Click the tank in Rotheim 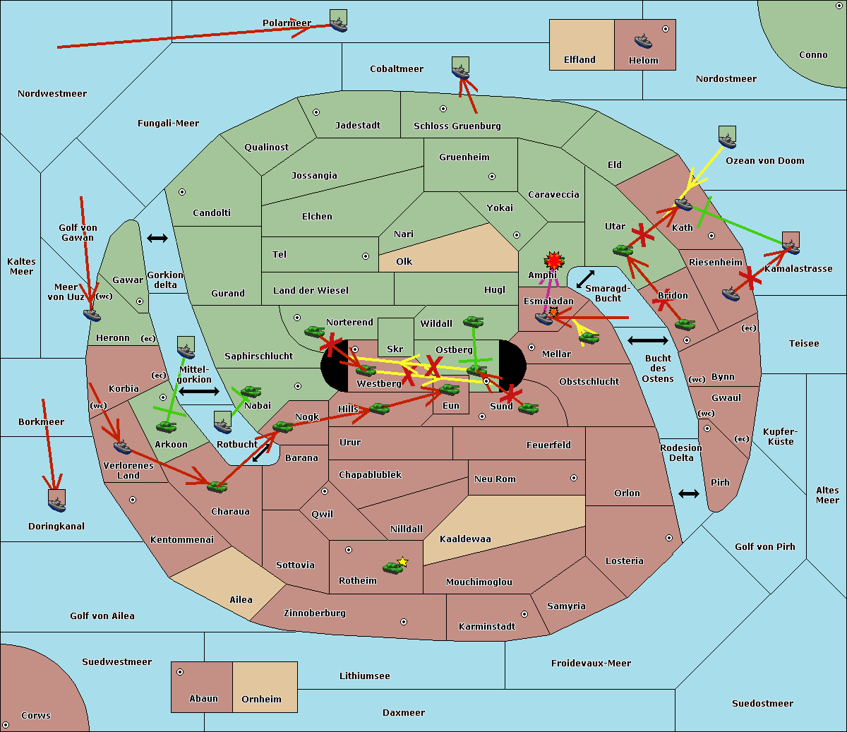(392, 568)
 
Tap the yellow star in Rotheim (403, 561)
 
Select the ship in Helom (643, 42)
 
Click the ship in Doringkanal (57, 504)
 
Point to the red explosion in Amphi (553, 260)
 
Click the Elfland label (579, 60)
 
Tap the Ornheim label (261, 699)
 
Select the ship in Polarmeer (339, 25)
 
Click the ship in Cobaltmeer (461, 72)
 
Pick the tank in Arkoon (166, 426)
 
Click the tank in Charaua (217, 486)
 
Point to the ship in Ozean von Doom (727, 140)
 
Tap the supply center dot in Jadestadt (316, 112)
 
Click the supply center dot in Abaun (179, 672)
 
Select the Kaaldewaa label (465, 539)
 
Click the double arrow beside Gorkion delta (157, 238)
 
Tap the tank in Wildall (474, 321)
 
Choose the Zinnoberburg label (315, 613)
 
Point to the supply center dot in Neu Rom (574, 478)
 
